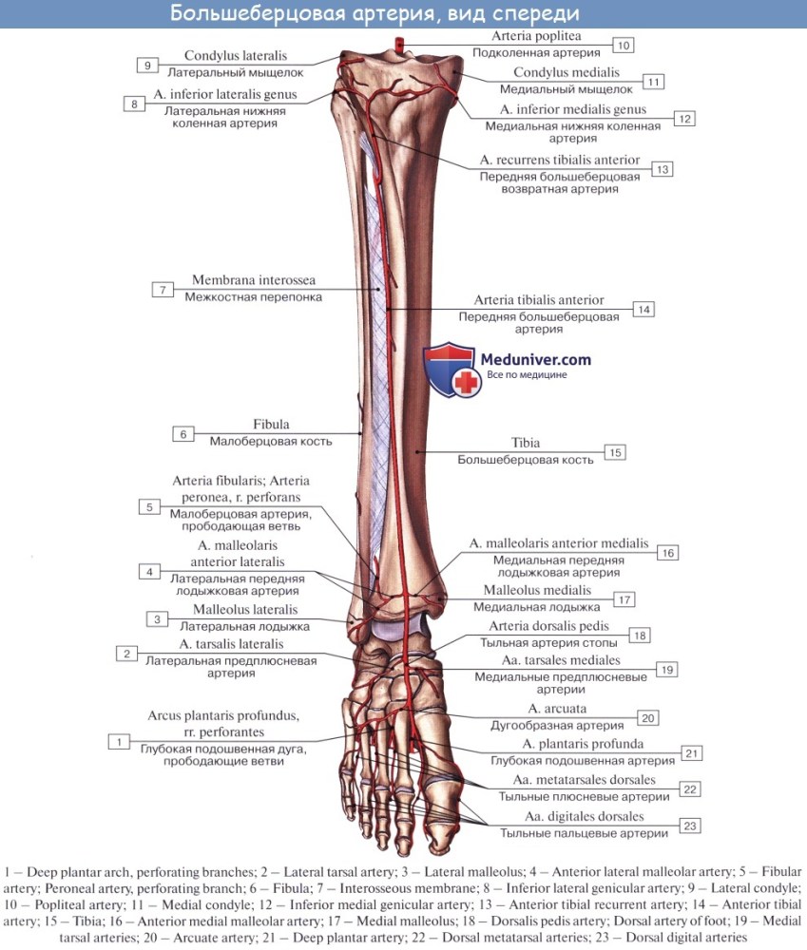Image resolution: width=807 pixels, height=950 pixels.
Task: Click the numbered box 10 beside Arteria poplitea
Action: point(624,45)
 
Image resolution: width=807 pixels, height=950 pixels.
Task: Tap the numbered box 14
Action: point(644,310)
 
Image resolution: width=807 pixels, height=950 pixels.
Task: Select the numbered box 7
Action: point(163,290)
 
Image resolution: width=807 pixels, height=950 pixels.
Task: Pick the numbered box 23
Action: point(690,826)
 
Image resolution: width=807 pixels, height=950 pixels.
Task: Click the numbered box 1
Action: point(120,742)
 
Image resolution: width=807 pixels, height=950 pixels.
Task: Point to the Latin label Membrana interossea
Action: point(254,280)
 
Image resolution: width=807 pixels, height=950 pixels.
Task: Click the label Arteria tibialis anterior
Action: point(538,300)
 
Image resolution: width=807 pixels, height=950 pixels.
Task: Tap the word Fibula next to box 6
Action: point(271,424)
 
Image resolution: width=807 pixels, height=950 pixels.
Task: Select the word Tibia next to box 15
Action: point(525,443)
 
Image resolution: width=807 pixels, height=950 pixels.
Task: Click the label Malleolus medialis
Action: point(537,590)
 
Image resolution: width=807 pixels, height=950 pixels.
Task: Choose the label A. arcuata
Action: point(557,709)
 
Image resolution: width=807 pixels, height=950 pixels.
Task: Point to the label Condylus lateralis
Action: point(235,56)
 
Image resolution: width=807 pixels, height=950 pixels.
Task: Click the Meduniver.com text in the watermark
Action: point(535,359)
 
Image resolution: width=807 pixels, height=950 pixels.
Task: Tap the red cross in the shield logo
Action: point(466,382)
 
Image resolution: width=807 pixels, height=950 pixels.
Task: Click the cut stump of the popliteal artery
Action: point(399,45)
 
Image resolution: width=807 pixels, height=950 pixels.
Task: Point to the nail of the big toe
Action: point(440,839)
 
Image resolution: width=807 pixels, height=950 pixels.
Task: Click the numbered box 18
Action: point(639,635)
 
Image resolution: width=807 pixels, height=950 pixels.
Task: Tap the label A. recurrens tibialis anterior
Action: point(560,160)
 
